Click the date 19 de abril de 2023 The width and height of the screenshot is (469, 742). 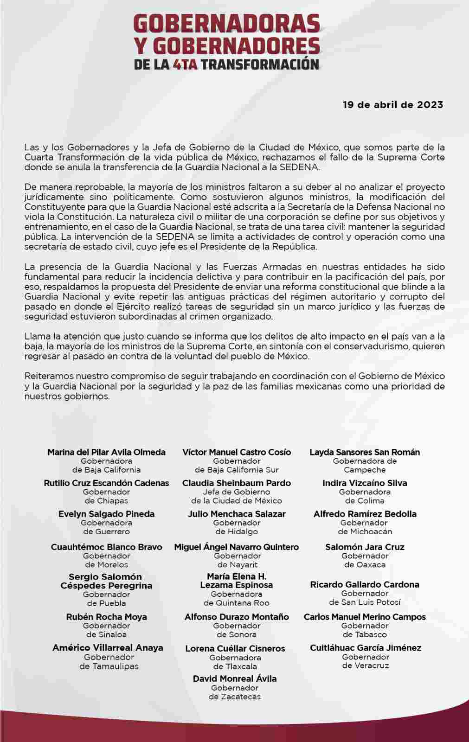click(393, 105)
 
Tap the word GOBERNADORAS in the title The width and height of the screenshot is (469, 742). click(227, 24)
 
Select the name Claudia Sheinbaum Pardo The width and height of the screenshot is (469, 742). click(236, 483)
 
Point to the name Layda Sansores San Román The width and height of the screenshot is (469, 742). click(365, 452)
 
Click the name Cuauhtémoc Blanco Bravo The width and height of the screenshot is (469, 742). click(106, 547)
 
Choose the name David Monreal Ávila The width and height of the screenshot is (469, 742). click(235, 678)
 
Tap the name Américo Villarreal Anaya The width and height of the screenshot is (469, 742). click(108, 647)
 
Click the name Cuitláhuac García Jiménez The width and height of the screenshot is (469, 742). click(366, 647)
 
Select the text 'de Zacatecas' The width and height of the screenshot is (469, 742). click(235, 697)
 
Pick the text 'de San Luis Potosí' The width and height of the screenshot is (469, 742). click(365, 602)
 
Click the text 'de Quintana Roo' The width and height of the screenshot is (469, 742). click(236, 603)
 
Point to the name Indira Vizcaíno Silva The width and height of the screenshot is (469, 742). click(365, 483)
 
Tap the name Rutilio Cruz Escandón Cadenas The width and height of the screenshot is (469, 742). click(106, 483)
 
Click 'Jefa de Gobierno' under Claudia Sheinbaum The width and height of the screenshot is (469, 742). click(236, 492)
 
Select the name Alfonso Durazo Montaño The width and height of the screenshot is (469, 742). click(236, 617)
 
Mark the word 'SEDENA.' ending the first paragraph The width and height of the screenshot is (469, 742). click(304, 167)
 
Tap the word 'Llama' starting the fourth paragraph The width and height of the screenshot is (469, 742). click(35, 336)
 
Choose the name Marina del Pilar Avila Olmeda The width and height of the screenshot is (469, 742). click(106, 452)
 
